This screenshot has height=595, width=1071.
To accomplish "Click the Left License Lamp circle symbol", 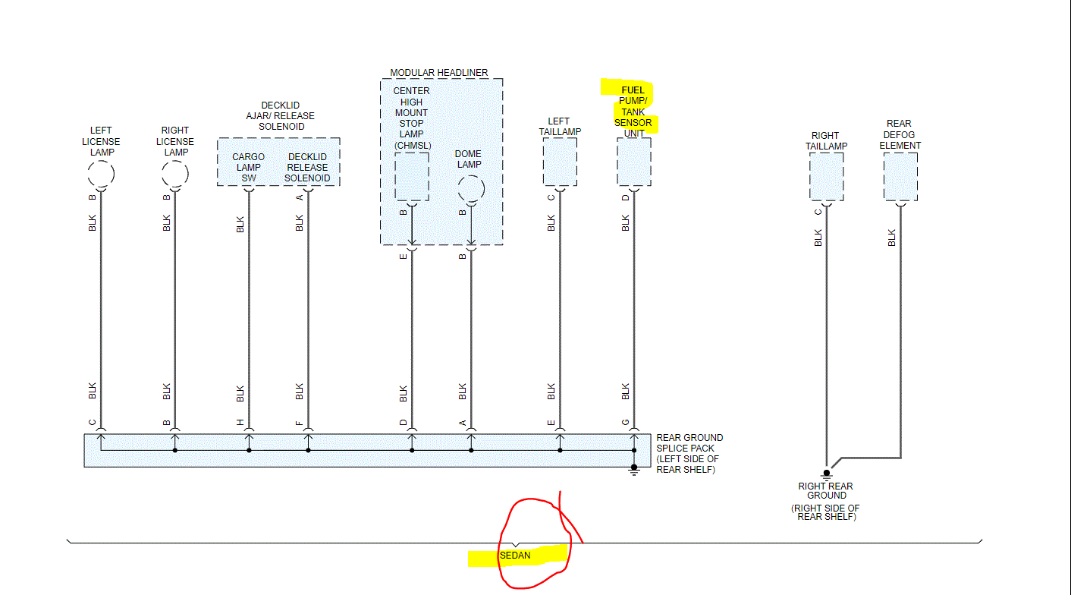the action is click(x=101, y=175).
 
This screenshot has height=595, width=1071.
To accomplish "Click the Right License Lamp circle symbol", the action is click(x=175, y=175).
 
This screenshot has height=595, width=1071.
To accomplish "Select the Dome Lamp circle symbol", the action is click(x=470, y=187).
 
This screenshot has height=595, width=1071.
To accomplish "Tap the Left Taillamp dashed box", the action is click(x=560, y=162).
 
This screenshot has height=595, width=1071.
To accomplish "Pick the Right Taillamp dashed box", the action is click(x=826, y=176).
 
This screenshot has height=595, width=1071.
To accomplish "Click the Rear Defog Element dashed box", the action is click(x=900, y=176).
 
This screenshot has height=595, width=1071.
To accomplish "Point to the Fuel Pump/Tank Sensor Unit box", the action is click(x=633, y=162).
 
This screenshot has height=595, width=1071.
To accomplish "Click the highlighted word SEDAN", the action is click(x=515, y=556).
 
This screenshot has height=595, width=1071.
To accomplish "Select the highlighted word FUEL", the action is click(x=633, y=90).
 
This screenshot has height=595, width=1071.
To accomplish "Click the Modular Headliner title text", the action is click(x=439, y=73).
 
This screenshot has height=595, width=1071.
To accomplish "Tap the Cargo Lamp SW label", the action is click(x=248, y=168).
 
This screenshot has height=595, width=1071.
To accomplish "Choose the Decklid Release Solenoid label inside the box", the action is click(x=307, y=168).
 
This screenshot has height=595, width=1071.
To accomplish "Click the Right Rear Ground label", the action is click(x=825, y=491).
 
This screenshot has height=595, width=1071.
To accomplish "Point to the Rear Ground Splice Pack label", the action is click(x=689, y=454).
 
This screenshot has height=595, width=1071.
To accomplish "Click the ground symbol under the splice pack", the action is click(x=634, y=471).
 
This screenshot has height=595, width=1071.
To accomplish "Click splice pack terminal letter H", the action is click(x=240, y=423).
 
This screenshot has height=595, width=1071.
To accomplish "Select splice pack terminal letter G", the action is click(x=625, y=423).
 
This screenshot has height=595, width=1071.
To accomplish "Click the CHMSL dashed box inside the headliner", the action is click(x=412, y=176).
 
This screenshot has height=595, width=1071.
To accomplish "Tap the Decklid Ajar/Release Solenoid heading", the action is click(x=280, y=116).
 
